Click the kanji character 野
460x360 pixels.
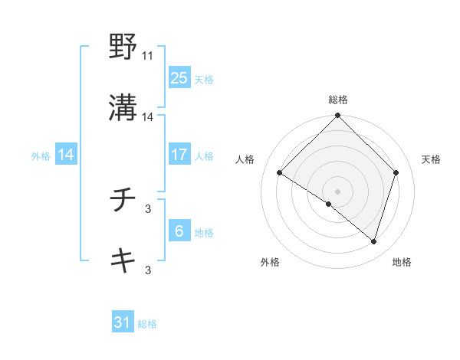(123, 47)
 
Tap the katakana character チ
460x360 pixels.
(123, 201)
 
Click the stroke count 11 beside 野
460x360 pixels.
(148, 56)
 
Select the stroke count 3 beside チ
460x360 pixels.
(148, 208)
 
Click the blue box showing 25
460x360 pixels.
(179, 78)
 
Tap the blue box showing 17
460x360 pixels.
(179, 155)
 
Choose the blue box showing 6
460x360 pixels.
(179, 231)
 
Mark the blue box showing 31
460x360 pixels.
(123, 322)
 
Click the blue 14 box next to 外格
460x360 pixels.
(66, 155)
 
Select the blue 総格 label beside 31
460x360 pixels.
(147, 324)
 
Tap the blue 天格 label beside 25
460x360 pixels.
(204, 80)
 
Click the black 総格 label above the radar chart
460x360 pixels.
(338, 100)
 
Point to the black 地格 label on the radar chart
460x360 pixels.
(402, 262)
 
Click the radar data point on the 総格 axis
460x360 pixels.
(338, 116)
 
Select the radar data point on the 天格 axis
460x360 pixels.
(396, 173)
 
